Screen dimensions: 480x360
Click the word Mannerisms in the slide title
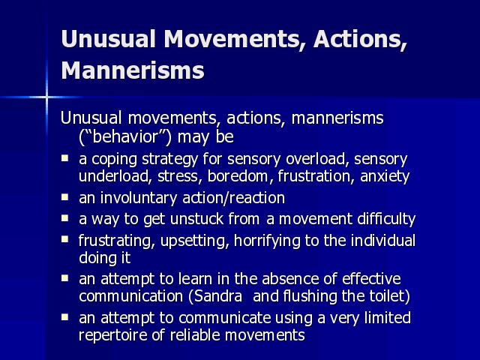(x=133, y=70)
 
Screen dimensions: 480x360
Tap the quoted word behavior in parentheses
(x=125, y=136)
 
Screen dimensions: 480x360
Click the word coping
(x=114, y=160)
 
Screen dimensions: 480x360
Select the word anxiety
(x=385, y=177)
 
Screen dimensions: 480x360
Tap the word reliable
(x=196, y=335)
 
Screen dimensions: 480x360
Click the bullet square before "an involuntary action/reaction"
(x=64, y=197)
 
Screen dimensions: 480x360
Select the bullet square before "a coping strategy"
(x=64, y=158)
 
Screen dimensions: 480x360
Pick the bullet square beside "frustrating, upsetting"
(x=64, y=239)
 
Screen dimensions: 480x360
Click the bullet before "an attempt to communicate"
(x=64, y=316)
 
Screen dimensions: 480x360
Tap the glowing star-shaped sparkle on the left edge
(x=46, y=97)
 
